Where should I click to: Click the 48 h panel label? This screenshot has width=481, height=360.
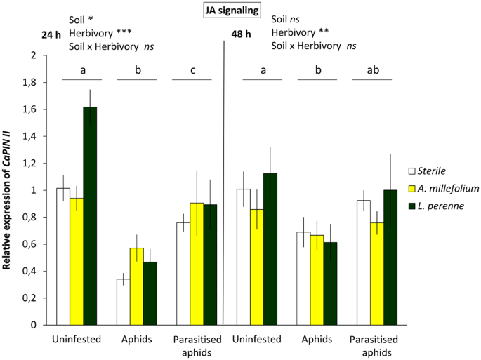[x=242, y=34]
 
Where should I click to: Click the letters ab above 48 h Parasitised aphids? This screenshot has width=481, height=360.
[x=374, y=70]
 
